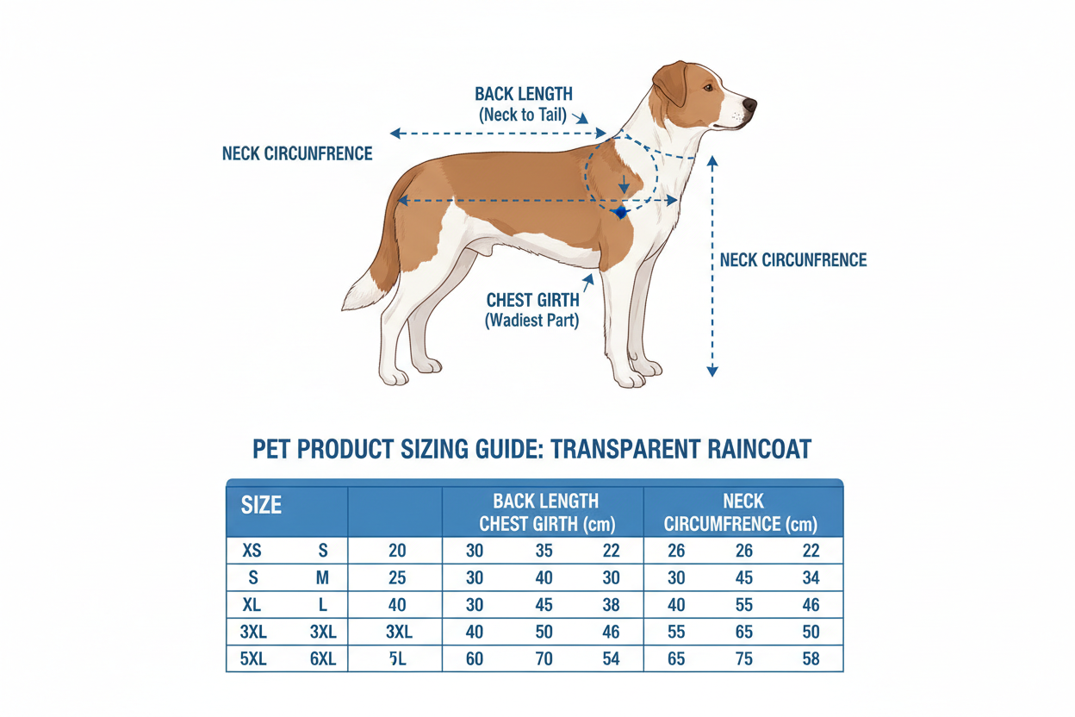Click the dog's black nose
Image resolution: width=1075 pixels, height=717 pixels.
click(x=749, y=104)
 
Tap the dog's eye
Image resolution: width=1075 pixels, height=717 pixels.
click(x=708, y=87)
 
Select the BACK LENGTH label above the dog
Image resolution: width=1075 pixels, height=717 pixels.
click(x=524, y=94)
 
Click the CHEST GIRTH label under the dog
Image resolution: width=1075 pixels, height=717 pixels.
click(x=532, y=300)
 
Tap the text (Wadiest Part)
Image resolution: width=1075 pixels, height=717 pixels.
click(x=532, y=321)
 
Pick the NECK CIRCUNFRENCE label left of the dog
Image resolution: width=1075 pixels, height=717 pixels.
click(x=297, y=153)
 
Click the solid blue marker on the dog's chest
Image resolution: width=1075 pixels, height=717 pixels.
click(x=620, y=212)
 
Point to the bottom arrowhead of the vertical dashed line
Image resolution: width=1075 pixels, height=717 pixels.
click(x=712, y=371)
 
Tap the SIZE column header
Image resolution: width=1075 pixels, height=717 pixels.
click(x=261, y=505)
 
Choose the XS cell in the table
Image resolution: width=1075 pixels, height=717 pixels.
click(x=252, y=551)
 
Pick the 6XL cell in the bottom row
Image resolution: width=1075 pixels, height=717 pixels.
click(x=323, y=659)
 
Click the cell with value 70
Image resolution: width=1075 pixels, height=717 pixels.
click(x=544, y=659)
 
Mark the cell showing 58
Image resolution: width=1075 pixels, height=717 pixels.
click(x=811, y=659)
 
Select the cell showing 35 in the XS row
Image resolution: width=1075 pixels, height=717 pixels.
click(x=544, y=551)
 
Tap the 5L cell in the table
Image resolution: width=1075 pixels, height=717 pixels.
click(x=397, y=659)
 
